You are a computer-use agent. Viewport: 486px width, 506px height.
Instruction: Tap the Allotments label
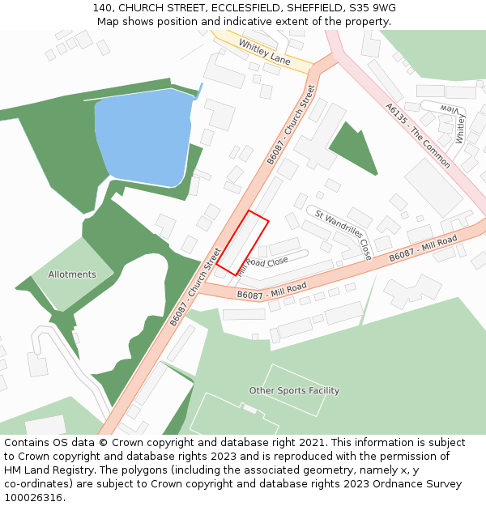pyautogui.click(x=72, y=274)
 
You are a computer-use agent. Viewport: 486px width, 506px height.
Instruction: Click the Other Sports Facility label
pyautogui.click(x=294, y=391)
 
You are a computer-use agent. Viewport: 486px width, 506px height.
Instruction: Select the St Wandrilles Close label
pyautogui.click(x=343, y=235)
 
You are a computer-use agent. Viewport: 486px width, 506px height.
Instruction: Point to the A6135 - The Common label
pyautogui.click(x=417, y=135)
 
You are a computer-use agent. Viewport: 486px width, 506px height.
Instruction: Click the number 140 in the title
pyautogui.click(x=102, y=7)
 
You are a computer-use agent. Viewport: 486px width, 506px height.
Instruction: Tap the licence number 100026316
pyautogui.click(x=33, y=498)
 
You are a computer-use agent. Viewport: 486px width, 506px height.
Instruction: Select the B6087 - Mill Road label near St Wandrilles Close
pyautogui.click(x=423, y=248)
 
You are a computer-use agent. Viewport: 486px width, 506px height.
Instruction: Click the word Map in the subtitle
pyautogui.click(x=109, y=22)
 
